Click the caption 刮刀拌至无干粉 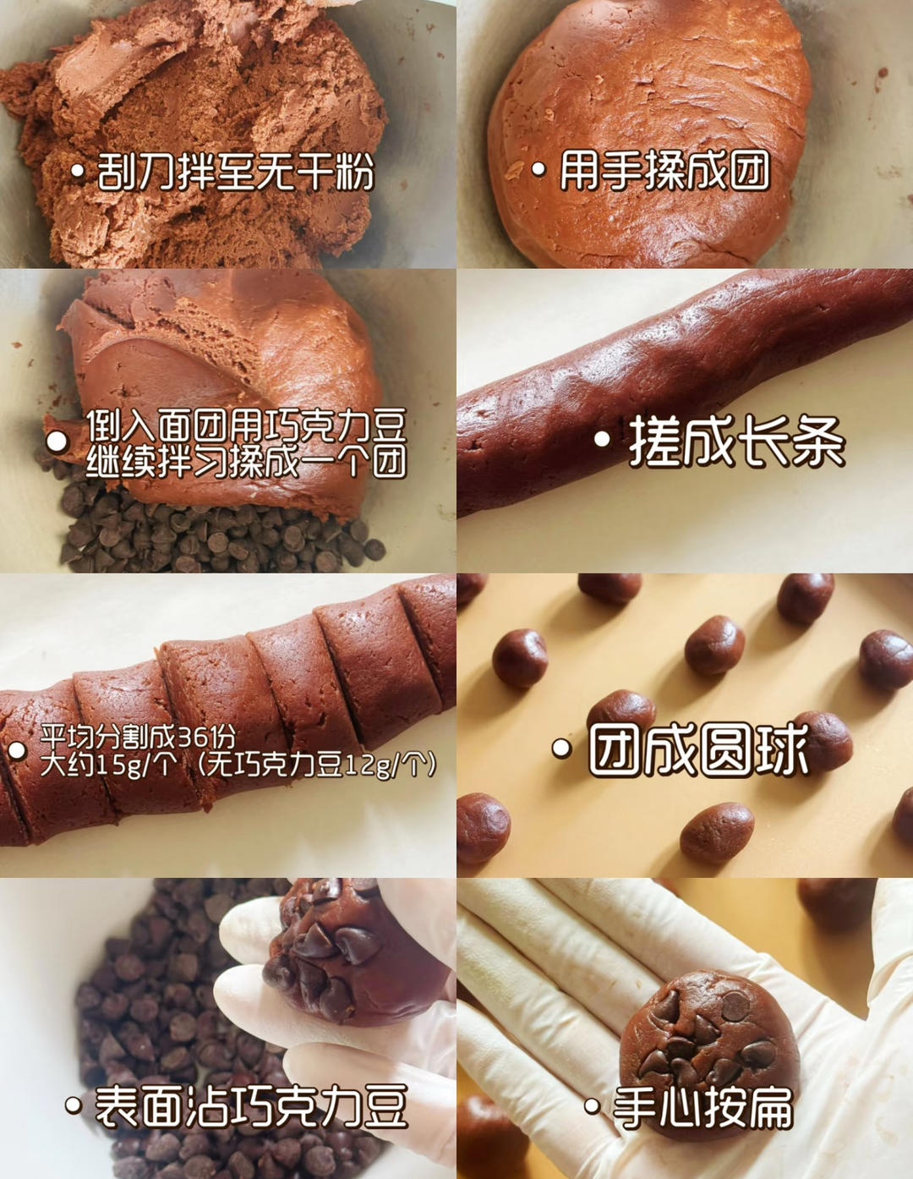(x=235, y=172)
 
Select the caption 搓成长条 (x=737, y=441)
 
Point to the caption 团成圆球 (x=698, y=750)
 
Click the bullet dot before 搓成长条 (x=603, y=440)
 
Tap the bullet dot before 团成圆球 (x=561, y=749)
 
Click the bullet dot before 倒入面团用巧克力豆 (x=57, y=441)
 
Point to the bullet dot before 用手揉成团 (x=539, y=169)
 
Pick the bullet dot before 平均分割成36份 (x=17, y=751)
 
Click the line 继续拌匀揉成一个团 (x=247, y=463)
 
